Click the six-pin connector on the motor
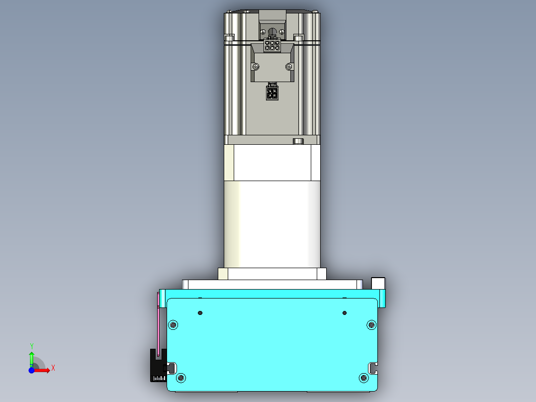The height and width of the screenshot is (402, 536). pos(272,46)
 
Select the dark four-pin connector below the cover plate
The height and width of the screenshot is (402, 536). pos(272,92)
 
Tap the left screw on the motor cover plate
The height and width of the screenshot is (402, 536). pos(256,67)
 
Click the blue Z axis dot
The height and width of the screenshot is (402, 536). pos(31,371)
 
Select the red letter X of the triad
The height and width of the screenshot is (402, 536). pos(53,368)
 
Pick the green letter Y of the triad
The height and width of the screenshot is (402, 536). pos(31,346)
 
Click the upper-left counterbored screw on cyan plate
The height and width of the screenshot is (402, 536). pos(173,325)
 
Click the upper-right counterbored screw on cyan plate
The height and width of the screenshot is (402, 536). pos(371,325)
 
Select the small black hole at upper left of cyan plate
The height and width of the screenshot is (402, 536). pos(200,313)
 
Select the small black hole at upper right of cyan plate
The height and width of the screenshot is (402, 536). pos(344,313)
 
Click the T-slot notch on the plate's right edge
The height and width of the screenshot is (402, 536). pos(373,368)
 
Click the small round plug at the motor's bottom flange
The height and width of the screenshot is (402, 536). pos(298,141)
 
